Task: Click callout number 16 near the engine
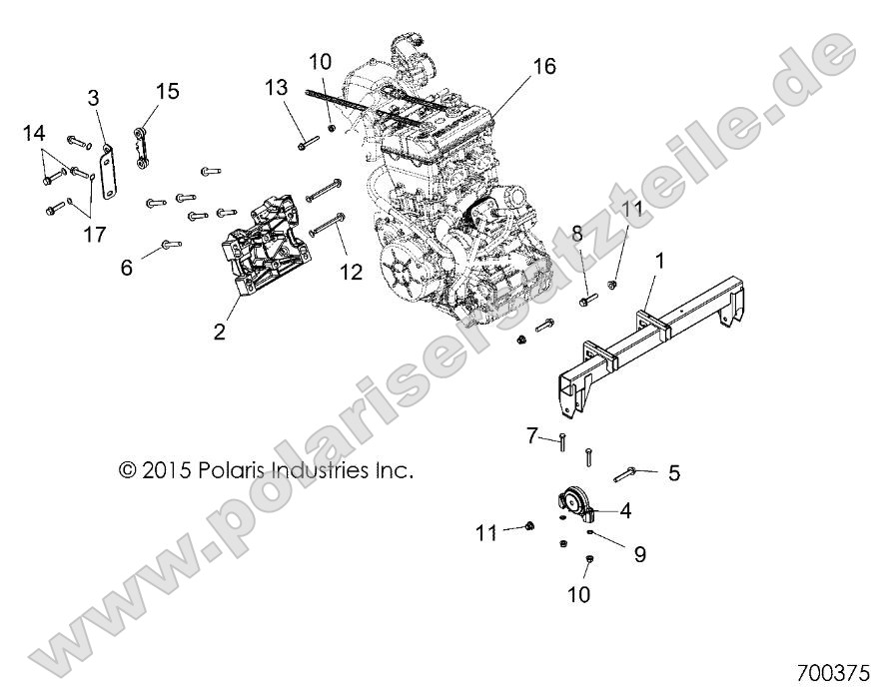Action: click(x=543, y=67)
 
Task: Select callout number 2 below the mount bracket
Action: click(x=220, y=332)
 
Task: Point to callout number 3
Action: click(x=93, y=98)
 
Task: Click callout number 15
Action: click(x=167, y=92)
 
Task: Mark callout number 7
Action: click(x=532, y=435)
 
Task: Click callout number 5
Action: click(x=673, y=472)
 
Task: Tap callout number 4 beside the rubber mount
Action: click(x=625, y=510)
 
